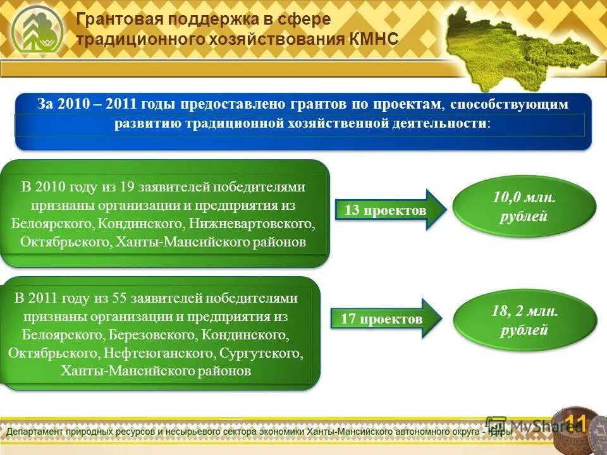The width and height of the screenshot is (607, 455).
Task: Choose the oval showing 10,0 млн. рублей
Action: click(x=524, y=207)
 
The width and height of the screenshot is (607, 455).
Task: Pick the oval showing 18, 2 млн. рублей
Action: click(x=524, y=320)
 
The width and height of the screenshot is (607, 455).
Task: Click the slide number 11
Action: click(x=575, y=422)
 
